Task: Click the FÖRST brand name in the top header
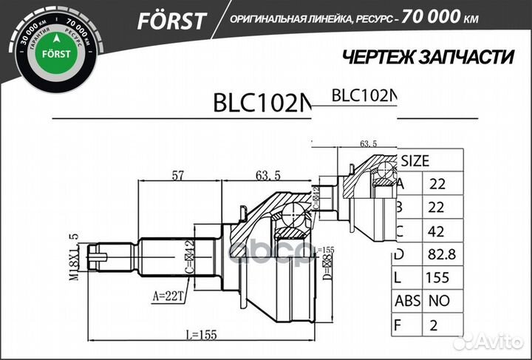click(x=171, y=21)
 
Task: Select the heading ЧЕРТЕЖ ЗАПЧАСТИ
click(x=429, y=57)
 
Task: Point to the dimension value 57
click(x=178, y=175)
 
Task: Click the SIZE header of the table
click(x=415, y=160)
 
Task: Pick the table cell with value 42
click(x=436, y=231)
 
